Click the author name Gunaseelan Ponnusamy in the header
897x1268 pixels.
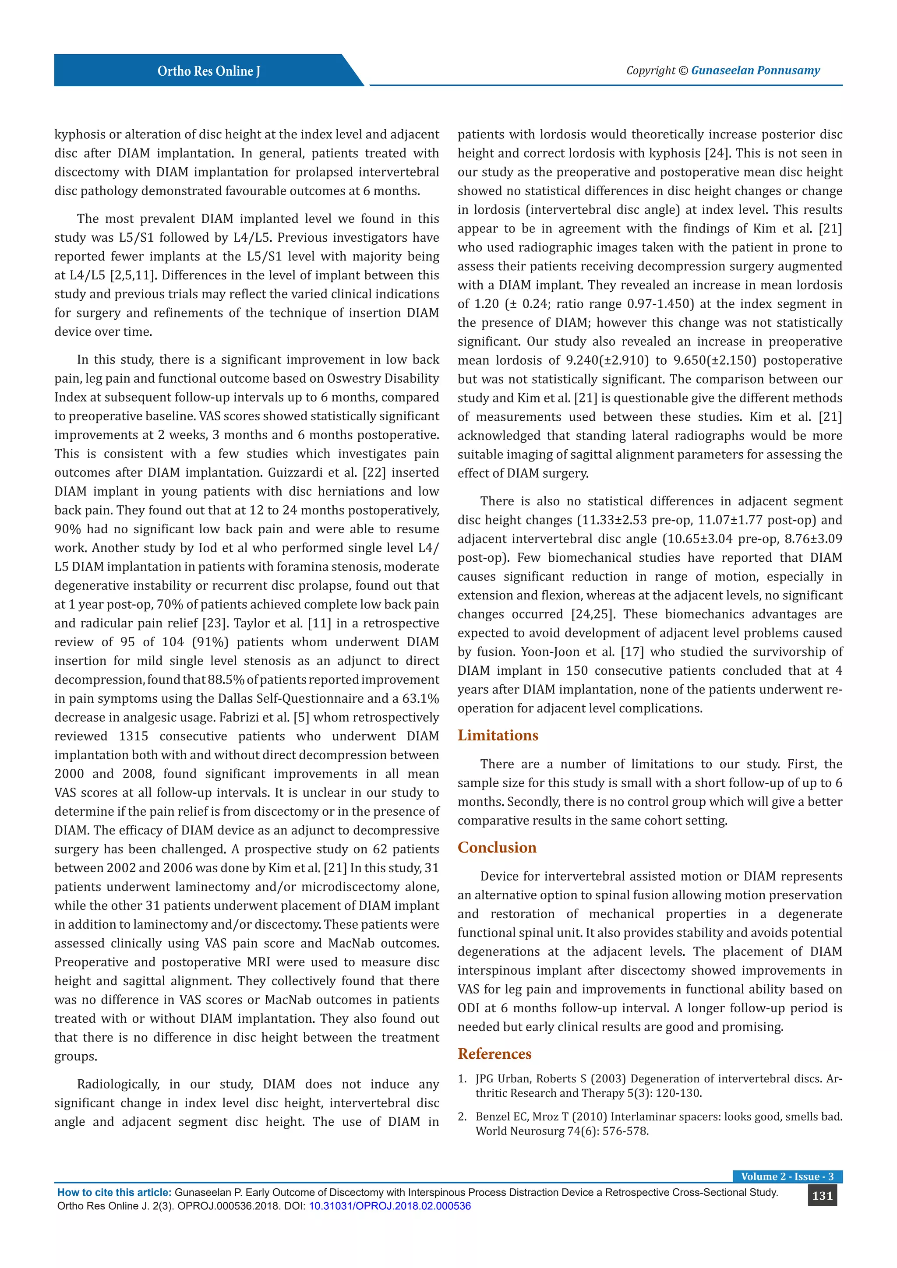[x=755, y=70]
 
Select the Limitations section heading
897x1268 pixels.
[x=497, y=736]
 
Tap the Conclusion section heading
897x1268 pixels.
[x=497, y=848]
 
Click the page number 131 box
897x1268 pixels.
[x=822, y=1196]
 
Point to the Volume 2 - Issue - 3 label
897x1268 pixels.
[x=787, y=1176]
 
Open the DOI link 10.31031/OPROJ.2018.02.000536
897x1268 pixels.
[x=389, y=1206]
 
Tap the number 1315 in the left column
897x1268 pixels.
[x=133, y=736]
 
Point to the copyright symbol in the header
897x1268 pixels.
[x=683, y=70]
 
